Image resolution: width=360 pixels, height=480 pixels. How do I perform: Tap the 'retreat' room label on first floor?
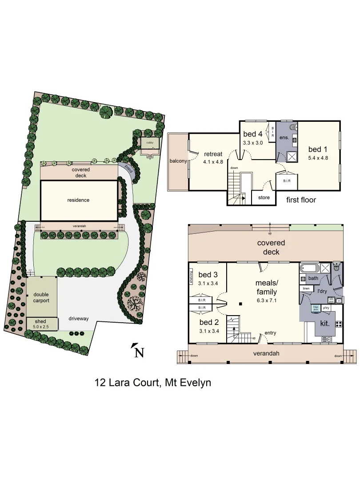coord(213,154)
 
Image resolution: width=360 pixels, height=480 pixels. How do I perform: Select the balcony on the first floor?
coord(178,161)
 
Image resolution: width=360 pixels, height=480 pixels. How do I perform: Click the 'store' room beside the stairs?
coord(264,197)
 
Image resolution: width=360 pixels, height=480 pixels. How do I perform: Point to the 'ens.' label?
coord(284,138)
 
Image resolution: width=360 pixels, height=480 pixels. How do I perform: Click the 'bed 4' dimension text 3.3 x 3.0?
coord(253,143)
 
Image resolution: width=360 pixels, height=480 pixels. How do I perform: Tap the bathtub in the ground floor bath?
coord(309,268)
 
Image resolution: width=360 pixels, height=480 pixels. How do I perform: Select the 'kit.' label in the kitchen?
coord(325,324)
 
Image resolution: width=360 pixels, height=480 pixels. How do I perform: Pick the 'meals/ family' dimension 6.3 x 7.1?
coord(266,300)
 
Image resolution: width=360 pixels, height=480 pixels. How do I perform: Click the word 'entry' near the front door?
coord(270,333)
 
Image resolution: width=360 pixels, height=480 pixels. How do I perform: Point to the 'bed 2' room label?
coord(208,322)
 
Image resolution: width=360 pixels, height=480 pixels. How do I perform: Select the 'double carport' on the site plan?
coord(41,297)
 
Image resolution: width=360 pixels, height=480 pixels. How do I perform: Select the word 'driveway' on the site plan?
coord(79,319)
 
